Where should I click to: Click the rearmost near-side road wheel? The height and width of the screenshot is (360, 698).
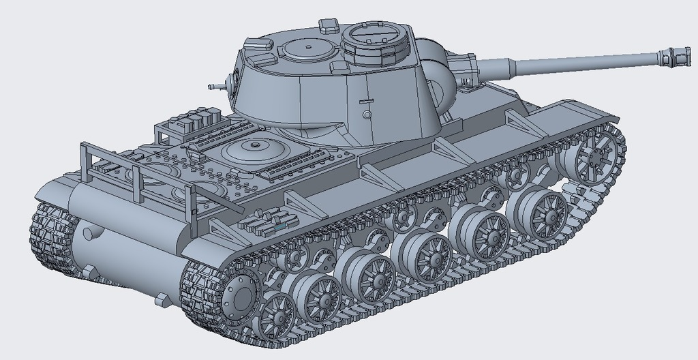coord(277,314)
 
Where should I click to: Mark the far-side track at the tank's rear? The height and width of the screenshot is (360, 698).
coord(51,235)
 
